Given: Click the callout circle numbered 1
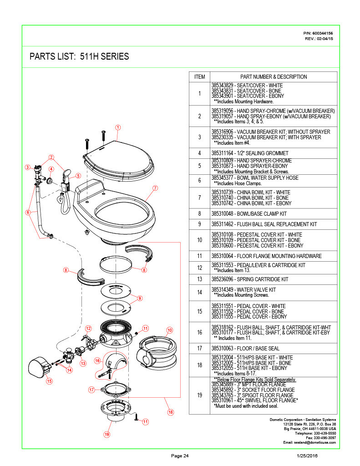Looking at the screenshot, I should pos(117,127).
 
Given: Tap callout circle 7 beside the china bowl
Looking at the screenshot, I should pos(155,187).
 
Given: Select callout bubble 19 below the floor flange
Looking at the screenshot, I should pos(106,434).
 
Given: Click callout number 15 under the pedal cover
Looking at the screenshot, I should pos(49,381).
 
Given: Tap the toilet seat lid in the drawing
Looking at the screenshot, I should pos(119,157).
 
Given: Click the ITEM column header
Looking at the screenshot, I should pos(200,77).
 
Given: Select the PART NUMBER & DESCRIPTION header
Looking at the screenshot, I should pos(274,77).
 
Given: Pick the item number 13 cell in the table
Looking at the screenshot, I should pos(200,279).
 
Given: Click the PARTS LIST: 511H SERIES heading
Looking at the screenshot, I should pos(79,57).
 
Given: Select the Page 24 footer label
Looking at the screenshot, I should pos(180,456).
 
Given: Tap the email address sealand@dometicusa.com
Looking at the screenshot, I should pos(309,442).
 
